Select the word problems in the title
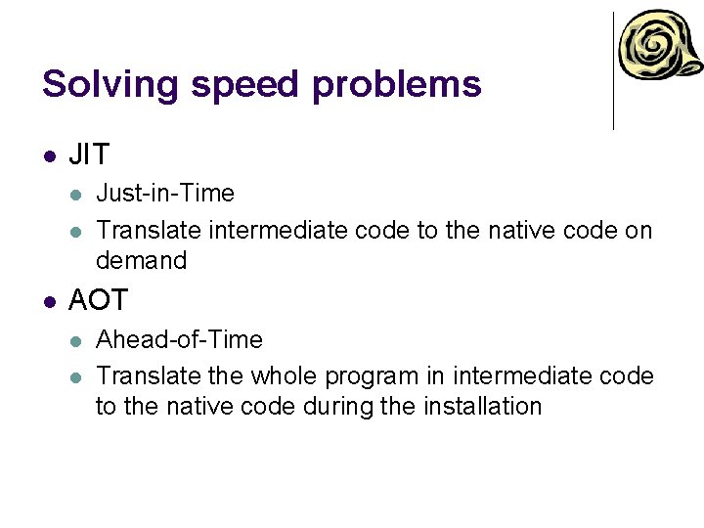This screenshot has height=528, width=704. [x=397, y=84]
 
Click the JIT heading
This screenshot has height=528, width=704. [x=89, y=154]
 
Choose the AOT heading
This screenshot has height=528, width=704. [x=98, y=300]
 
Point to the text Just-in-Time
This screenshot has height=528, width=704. [x=165, y=194]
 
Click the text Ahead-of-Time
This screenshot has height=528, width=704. [x=179, y=340]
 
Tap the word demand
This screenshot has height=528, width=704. [x=141, y=261]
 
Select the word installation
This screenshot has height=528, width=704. [x=483, y=407]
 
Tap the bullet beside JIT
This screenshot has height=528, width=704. [x=50, y=155]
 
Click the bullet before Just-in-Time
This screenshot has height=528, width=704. [x=77, y=195]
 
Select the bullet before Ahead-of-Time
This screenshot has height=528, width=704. [x=77, y=341]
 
